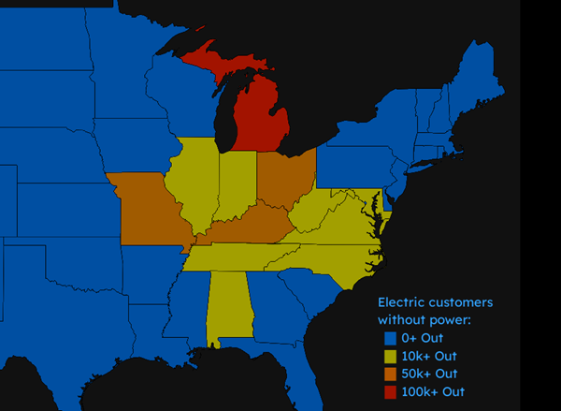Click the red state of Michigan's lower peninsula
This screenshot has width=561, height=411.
coord(255,116)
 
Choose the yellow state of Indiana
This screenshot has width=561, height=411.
coord(237,183)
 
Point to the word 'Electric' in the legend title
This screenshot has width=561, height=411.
coord(402,302)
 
